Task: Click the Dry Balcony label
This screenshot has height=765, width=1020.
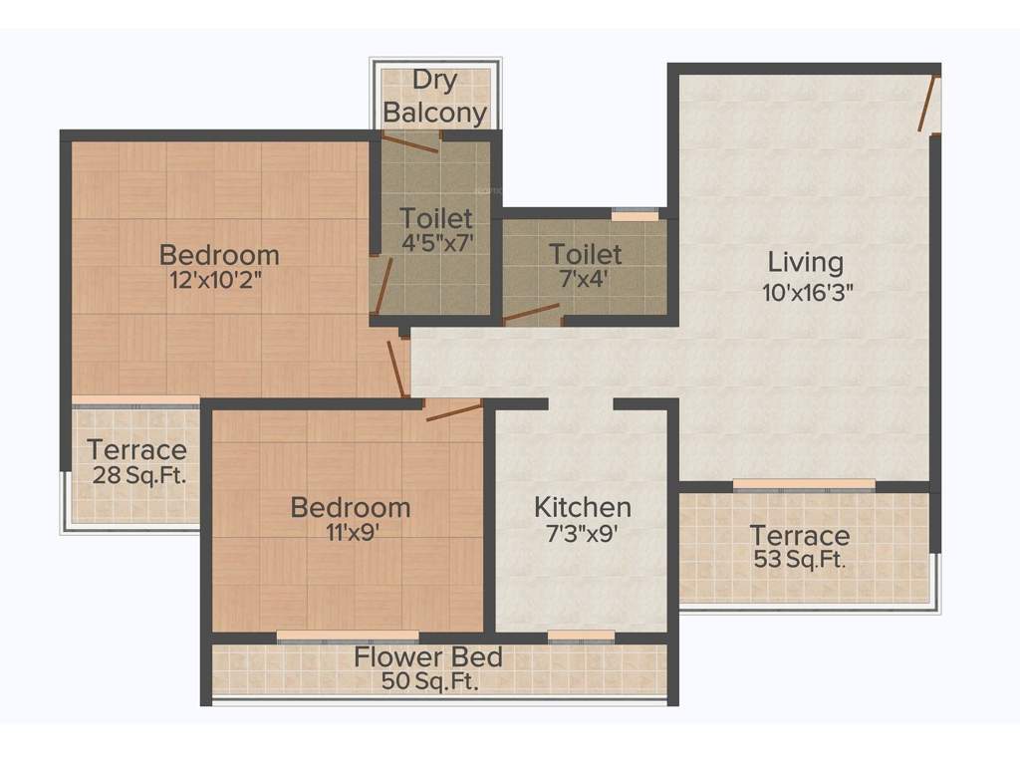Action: pyautogui.click(x=435, y=97)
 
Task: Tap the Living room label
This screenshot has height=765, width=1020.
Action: pyautogui.click(x=805, y=263)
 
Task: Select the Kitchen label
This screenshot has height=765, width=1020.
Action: pyautogui.click(x=582, y=506)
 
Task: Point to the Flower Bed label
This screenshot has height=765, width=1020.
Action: pyautogui.click(x=428, y=657)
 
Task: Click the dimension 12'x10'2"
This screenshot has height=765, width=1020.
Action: pyautogui.click(x=219, y=280)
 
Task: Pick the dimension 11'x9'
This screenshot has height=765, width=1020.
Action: pyautogui.click(x=350, y=532)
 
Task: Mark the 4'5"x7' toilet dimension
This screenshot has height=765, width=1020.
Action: pyautogui.click(x=435, y=241)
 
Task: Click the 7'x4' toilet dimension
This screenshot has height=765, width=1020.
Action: pyautogui.click(x=586, y=280)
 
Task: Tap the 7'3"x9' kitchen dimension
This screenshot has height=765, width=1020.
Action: pyautogui.click(x=582, y=533)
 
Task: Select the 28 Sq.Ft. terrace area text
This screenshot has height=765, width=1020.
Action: pyautogui.click(x=136, y=474)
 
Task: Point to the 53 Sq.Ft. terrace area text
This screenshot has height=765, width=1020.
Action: pyautogui.click(x=800, y=560)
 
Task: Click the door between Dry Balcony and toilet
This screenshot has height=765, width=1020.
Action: pyautogui.click(x=410, y=142)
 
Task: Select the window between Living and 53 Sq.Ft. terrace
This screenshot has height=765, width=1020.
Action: pyautogui.click(x=804, y=485)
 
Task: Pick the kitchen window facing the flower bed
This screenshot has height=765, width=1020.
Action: pyautogui.click(x=581, y=636)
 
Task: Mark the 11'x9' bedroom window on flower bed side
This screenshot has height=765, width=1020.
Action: pyautogui.click(x=348, y=636)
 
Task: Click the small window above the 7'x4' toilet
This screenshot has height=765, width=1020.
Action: pyautogui.click(x=635, y=214)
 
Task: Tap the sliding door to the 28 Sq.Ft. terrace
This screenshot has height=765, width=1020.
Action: pyautogui.click(x=135, y=400)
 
